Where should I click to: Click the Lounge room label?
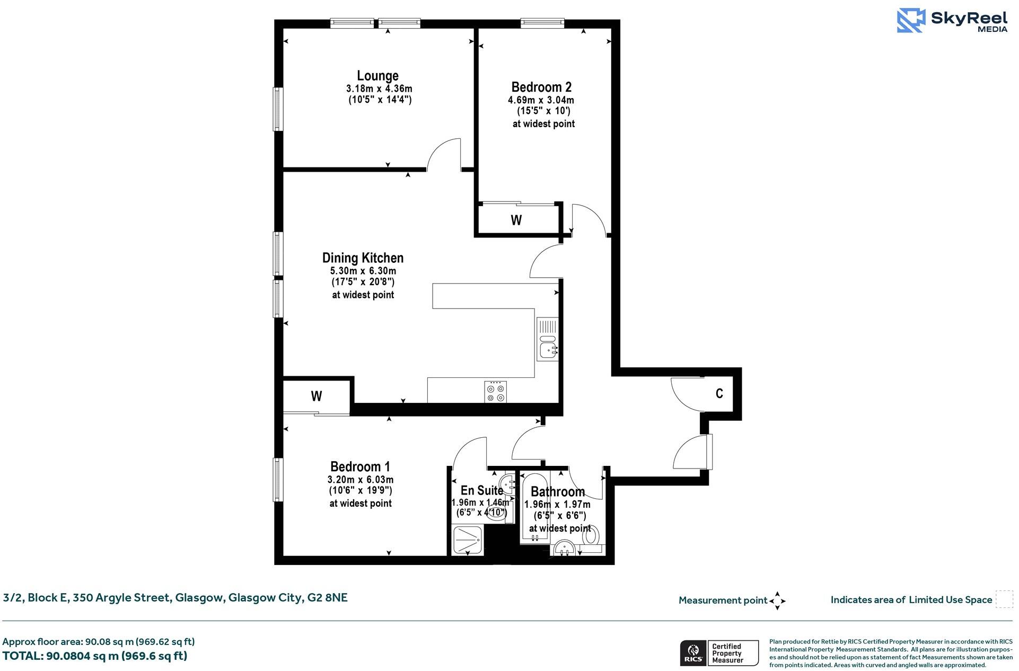tap(377, 76)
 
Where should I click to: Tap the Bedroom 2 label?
tap(541, 87)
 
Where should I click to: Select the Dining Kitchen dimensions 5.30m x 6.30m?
tap(363, 271)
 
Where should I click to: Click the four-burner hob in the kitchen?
tap(495, 392)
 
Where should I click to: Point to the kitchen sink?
tap(547, 349)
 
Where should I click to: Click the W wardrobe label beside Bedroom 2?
tap(516, 220)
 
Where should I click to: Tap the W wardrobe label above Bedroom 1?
tap(317, 396)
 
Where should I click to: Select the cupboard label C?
tap(719, 393)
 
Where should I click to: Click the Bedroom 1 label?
tap(360, 466)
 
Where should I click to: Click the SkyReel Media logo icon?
tap(910, 21)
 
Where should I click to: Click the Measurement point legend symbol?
tap(777, 601)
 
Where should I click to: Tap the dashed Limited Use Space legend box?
tap(1004, 599)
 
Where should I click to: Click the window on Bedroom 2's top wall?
tap(542, 23)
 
